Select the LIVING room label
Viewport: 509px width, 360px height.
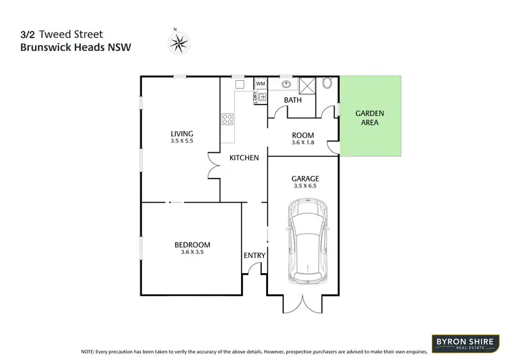(182, 133)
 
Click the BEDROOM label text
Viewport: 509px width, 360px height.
(193, 245)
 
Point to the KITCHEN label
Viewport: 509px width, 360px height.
(244, 158)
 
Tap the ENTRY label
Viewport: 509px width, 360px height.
(254, 255)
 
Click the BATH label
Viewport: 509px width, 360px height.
(293, 100)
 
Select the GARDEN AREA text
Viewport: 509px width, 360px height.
(371, 118)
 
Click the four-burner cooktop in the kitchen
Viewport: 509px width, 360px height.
(227, 120)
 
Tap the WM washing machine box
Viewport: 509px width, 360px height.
(261, 84)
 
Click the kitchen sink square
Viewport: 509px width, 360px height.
(240, 84)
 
